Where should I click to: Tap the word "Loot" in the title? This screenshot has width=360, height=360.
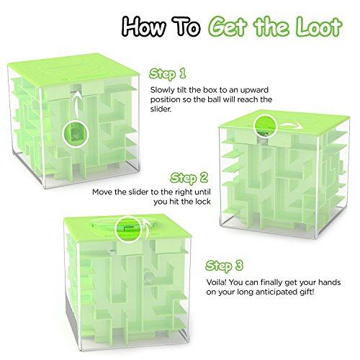319,26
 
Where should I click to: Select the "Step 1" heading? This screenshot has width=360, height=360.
168,73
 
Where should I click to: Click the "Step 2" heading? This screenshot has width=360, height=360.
189,178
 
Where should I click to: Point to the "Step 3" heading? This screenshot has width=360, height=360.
224,266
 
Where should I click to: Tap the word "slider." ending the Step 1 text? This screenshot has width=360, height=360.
161,109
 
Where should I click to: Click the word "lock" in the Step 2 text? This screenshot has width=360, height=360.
203,202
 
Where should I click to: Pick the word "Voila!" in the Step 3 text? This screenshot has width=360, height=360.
216,282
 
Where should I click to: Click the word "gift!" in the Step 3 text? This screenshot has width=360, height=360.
306,292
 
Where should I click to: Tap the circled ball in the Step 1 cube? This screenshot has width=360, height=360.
76,134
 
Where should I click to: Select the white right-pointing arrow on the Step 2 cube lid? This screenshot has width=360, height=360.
290,125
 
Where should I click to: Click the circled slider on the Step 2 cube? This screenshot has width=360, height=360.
266,126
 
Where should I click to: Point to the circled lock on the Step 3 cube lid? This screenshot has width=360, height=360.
129,230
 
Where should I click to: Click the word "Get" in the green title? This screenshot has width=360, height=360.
227,26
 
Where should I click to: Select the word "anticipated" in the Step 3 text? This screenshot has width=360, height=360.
275,292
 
